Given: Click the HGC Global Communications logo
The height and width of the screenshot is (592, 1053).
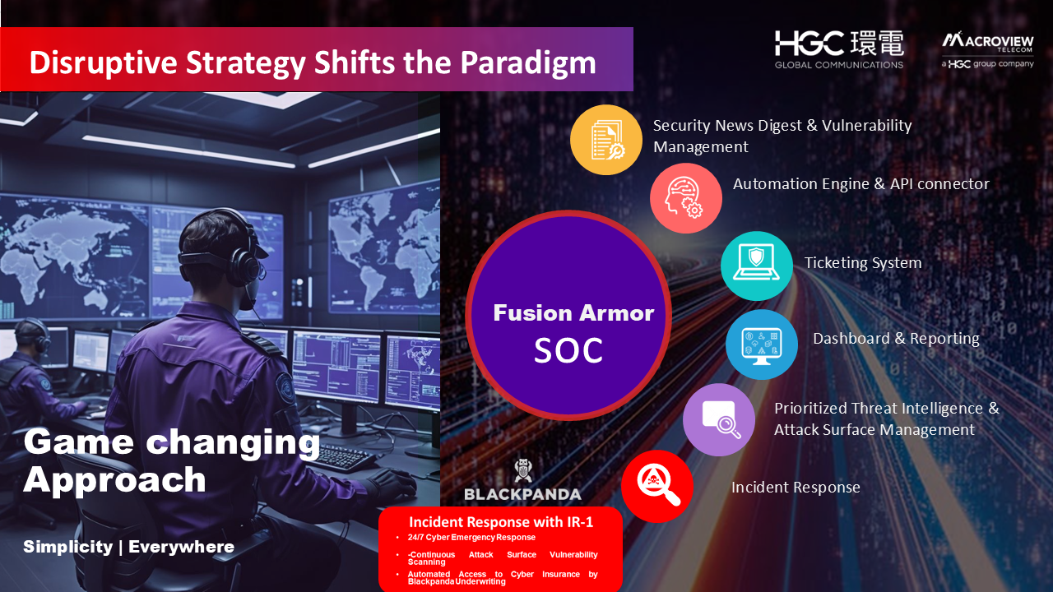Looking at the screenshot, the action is (x=839, y=50).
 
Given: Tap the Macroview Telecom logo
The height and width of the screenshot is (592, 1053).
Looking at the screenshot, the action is (x=988, y=50).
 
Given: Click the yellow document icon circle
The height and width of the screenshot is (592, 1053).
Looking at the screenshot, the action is (x=606, y=140).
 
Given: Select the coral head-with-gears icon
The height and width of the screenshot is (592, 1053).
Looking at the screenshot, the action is (x=686, y=198).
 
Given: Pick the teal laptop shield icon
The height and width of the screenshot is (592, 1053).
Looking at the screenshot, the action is (x=756, y=266).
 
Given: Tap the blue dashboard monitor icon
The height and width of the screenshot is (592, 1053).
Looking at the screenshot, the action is (x=762, y=344).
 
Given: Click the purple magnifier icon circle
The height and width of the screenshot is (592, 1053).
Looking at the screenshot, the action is (x=719, y=419).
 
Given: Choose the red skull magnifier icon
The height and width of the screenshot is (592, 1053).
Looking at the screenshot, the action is (x=657, y=486).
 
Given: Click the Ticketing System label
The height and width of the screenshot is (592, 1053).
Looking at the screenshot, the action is (x=863, y=263).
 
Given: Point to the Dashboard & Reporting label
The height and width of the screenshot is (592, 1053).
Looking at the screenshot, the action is (x=897, y=338).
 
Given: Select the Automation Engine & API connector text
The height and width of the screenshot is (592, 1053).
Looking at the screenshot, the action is (x=861, y=183).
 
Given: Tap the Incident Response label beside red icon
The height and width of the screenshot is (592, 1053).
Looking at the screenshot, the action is (x=796, y=488).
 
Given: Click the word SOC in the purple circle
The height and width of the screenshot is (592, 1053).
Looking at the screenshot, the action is (x=568, y=350).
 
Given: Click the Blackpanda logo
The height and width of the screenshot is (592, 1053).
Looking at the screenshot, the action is (x=522, y=480).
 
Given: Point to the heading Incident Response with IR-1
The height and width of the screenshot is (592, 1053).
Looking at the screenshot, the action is (x=501, y=522).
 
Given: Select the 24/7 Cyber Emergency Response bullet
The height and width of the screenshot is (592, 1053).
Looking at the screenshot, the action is (x=471, y=538).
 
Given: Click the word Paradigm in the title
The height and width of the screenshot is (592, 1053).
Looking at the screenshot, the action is (x=528, y=62).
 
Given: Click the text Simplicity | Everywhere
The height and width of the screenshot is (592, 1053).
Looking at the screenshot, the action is (x=129, y=547).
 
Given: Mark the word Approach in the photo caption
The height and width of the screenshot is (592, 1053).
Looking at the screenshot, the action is (x=114, y=480).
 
